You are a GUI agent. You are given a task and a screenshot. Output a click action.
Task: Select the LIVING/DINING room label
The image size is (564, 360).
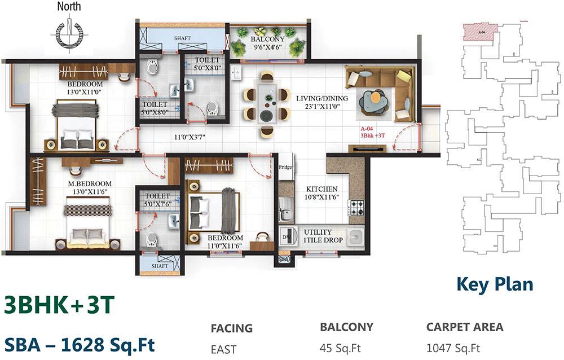click(x=322, y=102)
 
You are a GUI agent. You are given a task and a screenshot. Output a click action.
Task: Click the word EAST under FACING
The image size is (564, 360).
click(x=224, y=350)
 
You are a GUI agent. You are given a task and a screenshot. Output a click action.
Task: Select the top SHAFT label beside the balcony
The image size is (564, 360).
click(x=182, y=38)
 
